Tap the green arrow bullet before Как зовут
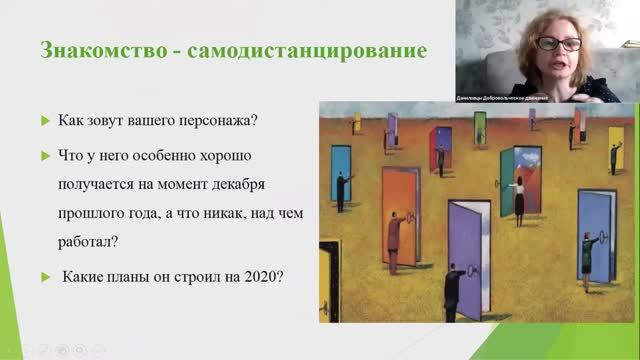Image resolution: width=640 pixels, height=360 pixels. point(45,122)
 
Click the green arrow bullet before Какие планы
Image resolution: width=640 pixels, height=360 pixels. point(45,277)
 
